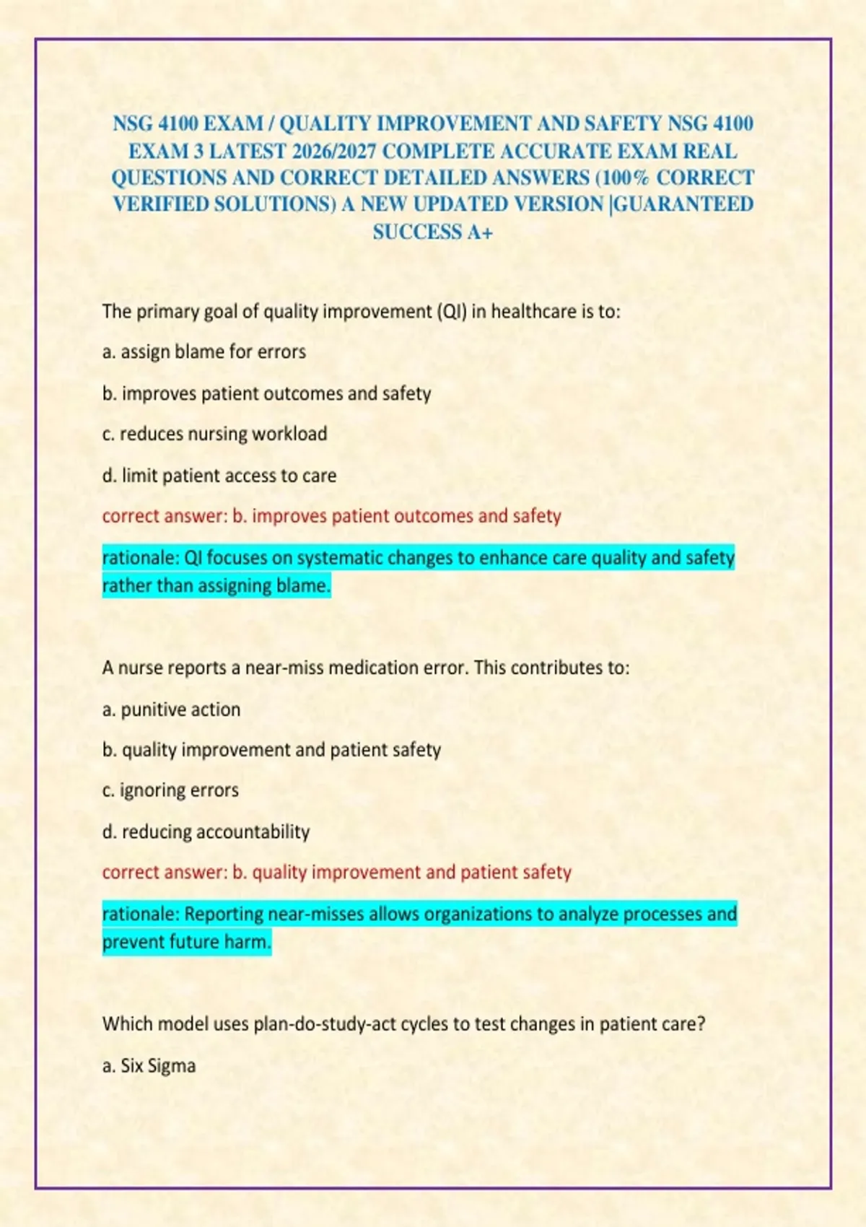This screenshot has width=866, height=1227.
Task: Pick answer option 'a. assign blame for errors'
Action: click(x=204, y=352)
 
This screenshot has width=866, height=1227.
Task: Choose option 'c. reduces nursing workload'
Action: click(x=214, y=434)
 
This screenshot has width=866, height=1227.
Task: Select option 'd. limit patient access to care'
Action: click(x=219, y=476)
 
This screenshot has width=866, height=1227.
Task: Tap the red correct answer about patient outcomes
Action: click(x=331, y=516)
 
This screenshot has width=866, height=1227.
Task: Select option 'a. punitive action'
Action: click(x=171, y=709)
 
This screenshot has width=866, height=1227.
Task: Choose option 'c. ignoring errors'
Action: click(x=170, y=790)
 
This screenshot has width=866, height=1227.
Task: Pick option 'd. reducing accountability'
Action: click(x=206, y=831)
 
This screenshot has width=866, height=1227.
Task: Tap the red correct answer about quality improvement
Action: click(x=336, y=872)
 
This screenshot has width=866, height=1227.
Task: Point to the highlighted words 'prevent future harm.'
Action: click(x=186, y=942)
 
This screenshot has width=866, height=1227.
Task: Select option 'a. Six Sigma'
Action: click(x=149, y=1066)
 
